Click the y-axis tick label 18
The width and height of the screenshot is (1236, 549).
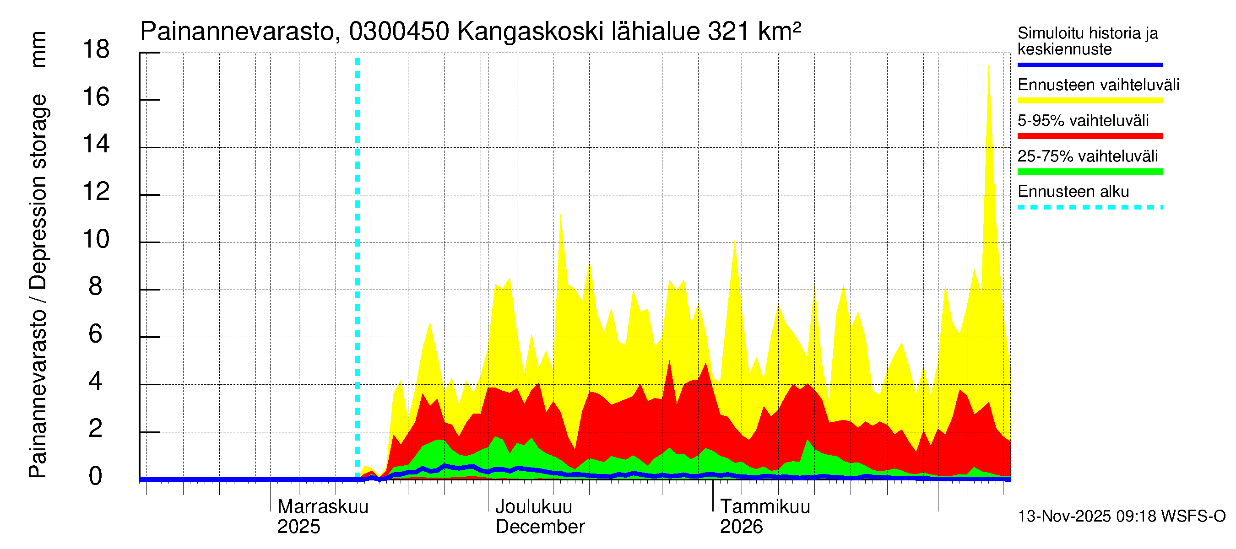[x=96, y=49]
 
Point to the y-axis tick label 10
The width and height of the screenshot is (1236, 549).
[x=96, y=239]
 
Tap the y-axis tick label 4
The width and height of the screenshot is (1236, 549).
[x=96, y=382]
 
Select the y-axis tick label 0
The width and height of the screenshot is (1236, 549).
[x=96, y=477]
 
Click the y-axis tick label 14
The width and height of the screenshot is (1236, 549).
[x=96, y=144]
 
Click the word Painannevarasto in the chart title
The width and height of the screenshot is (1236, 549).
[x=237, y=32]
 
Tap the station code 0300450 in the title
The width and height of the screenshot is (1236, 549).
[x=399, y=32]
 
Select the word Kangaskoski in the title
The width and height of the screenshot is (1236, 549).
[x=530, y=32]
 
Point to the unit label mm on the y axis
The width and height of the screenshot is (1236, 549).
[x=38, y=49]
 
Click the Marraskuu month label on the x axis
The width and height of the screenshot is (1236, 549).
[x=323, y=507]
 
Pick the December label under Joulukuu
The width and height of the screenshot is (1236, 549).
[x=540, y=527]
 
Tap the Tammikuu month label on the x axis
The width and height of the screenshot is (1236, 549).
[x=765, y=507]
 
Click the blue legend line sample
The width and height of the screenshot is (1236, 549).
[x=1090, y=65]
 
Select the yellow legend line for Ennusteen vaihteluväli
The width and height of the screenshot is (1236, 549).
[x=1090, y=101]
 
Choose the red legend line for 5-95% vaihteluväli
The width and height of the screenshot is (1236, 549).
[x=1090, y=136]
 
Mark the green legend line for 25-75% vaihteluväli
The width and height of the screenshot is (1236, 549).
[x=1090, y=172]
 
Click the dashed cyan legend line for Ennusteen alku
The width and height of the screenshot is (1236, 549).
[x=1090, y=208]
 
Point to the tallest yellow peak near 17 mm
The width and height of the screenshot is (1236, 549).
[x=988, y=67]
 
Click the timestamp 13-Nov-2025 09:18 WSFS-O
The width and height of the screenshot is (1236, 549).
[x=1121, y=517]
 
